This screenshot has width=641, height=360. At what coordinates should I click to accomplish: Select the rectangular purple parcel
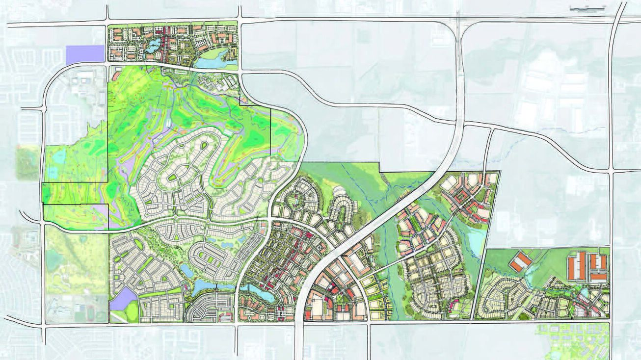tap(85, 53)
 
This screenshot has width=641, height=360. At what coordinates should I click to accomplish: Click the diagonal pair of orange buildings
tap(520, 261)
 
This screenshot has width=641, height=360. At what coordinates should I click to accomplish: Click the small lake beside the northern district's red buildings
tap(154, 46)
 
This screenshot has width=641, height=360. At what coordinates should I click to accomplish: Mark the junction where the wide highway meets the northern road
tap(460, 21)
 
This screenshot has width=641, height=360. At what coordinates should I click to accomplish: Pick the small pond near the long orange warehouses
tap(584, 292)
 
